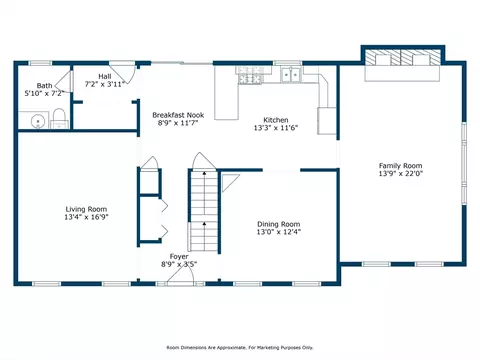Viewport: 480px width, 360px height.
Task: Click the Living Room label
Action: pyautogui.click(x=86, y=209)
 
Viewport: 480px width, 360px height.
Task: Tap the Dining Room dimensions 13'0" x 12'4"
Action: pyautogui.click(x=279, y=232)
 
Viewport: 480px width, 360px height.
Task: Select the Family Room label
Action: pyautogui.click(x=400, y=166)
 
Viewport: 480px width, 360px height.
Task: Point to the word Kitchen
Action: pyautogui.click(x=276, y=120)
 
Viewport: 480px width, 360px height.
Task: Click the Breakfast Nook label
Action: pyautogui.click(x=178, y=115)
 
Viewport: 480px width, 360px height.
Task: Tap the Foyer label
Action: pyautogui.click(x=179, y=257)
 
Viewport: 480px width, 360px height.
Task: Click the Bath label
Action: pyautogui.click(x=44, y=86)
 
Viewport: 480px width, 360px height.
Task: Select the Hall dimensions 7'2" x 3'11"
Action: pyautogui.click(x=105, y=84)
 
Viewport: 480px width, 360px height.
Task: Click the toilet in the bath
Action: pyautogui.click(x=59, y=119)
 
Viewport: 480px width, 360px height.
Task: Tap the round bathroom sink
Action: pyautogui.click(x=38, y=121)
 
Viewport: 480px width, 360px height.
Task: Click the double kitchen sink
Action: pyautogui.click(x=291, y=74)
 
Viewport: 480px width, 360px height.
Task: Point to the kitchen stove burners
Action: pyautogui.click(x=249, y=75)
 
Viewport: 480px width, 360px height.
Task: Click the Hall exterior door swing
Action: pyautogui.click(x=124, y=72)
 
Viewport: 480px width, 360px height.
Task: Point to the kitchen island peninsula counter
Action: pyautogui.click(x=226, y=93)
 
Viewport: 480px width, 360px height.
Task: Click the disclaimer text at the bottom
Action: pyautogui.click(x=240, y=348)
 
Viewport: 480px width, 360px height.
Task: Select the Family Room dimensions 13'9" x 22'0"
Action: pyautogui.click(x=401, y=173)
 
